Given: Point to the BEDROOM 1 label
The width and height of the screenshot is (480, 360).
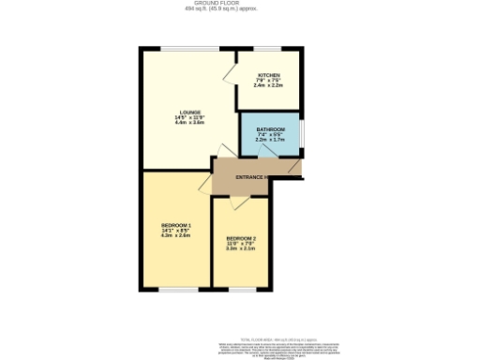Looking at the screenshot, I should (176, 225).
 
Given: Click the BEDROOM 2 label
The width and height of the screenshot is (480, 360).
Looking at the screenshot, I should (241, 238).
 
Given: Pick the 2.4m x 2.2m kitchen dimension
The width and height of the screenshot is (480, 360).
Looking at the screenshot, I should (268, 85).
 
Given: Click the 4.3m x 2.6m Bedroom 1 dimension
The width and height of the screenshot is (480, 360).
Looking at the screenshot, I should (176, 236).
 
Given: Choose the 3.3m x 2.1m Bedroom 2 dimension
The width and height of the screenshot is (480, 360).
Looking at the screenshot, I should (241, 248).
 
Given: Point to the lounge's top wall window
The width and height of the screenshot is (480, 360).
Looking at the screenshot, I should (184, 48).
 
